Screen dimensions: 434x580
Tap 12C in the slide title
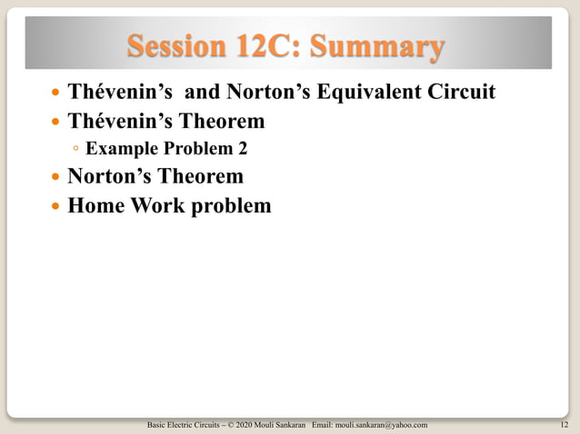tap(269, 45)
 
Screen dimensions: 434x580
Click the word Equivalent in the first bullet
tap(375, 93)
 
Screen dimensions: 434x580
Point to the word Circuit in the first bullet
tap(462, 93)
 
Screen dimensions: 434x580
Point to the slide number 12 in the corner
tap(566, 424)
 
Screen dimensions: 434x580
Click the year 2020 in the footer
tap(241, 424)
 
